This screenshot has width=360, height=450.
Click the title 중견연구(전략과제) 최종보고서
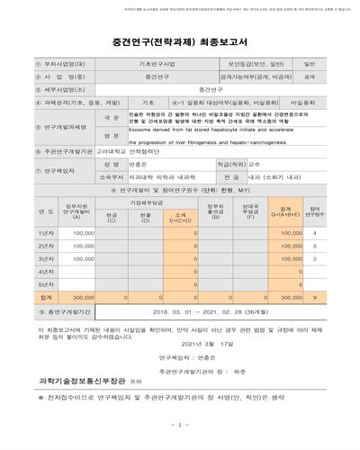179,40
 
